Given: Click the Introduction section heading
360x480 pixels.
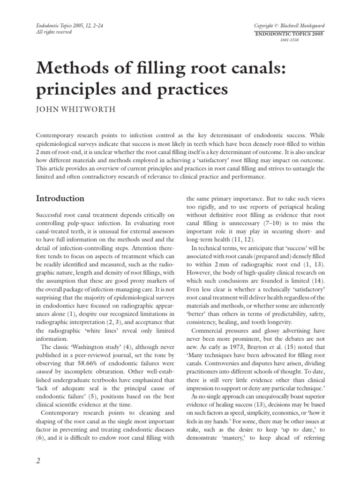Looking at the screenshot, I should click(60, 198).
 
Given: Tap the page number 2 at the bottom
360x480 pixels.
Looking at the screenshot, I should click(39, 461).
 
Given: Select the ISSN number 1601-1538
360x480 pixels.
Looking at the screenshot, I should click(290, 40).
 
